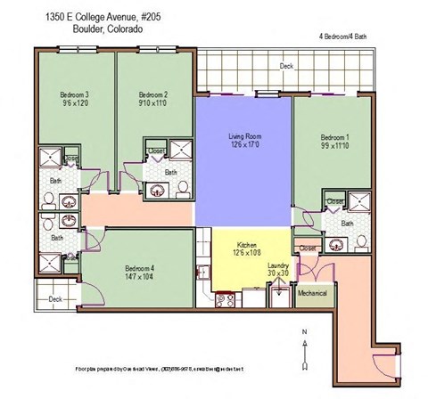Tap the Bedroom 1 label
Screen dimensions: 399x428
click(335, 137)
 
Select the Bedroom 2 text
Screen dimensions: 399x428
click(153, 94)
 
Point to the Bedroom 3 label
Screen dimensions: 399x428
click(74, 94)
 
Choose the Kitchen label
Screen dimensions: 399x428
click(247, 243)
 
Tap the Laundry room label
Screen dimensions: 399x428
click(277, 265)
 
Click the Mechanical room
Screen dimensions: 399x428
click(312, 293)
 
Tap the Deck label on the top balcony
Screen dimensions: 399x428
click(285, 66)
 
